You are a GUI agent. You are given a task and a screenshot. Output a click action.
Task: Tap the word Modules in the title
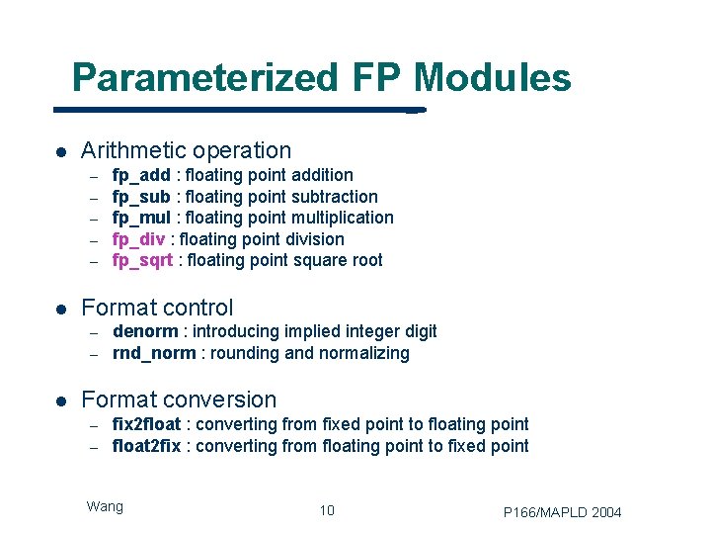(493, 77)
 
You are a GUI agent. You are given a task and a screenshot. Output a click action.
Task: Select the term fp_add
(141, 175)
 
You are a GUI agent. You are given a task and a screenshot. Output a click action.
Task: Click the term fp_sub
(141, 197)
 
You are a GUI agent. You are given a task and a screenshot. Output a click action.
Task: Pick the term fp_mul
(141, 218)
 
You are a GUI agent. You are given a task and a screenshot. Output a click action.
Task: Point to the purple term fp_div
(139, 239)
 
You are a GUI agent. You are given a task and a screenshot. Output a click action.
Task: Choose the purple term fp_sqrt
(143, 261)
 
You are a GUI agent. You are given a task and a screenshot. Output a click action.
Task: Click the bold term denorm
(145, 331)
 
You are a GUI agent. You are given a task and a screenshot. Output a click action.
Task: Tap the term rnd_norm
(154, 353)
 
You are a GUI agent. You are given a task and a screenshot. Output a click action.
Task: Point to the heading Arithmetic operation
(186, 150)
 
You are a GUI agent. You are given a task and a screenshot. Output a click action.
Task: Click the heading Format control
(157, 308)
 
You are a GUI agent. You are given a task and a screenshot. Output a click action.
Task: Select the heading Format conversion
(179, 400)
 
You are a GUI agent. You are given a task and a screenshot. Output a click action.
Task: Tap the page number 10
(327, 510)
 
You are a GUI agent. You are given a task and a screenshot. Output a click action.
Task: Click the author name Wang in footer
(105, 506)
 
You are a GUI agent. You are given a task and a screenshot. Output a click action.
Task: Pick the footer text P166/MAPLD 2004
(562, 511)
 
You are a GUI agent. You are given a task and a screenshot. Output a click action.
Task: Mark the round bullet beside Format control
(59, 309)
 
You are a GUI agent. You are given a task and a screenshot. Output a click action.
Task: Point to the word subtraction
(331, 197)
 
